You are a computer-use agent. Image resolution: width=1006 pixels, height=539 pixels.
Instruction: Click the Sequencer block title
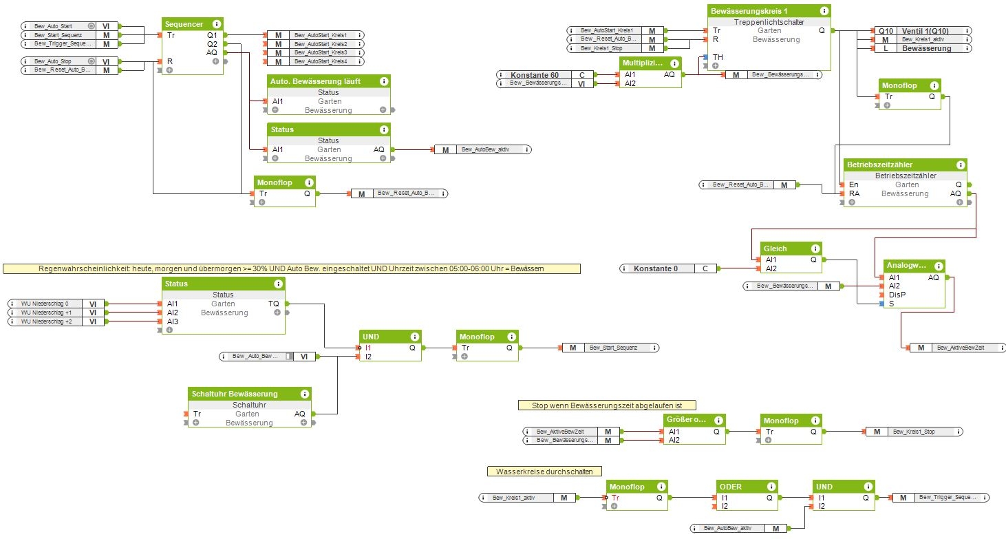coord(184,23)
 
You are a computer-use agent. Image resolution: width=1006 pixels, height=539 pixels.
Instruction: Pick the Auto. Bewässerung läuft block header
coord(320,81)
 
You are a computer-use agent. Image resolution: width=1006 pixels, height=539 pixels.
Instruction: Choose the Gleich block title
coord(775,249)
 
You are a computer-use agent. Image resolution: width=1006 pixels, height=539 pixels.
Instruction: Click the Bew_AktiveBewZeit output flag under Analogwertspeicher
coord(957,348)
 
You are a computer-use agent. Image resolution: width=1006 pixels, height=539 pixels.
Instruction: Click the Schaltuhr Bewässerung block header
coord(235,394)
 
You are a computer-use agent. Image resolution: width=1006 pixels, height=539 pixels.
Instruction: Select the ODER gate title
coord(731,487)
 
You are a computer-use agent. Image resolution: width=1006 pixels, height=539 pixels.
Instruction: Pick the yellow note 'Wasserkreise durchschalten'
coord(544,472)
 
